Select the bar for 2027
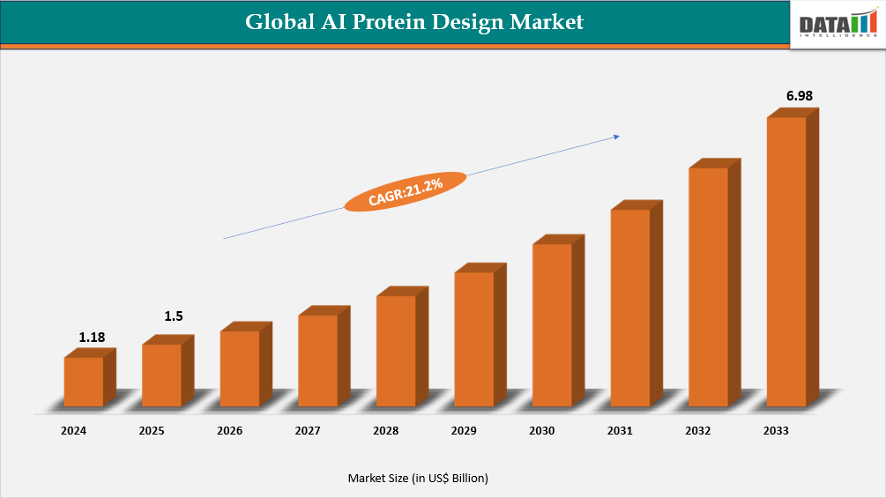[x=317, y=360]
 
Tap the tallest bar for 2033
[x=786, y=261]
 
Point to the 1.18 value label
[x=92, y=338]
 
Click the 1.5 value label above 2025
[x=174, y=316]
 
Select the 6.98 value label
[x=799, y=95]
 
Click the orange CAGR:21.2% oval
[x=406, y=192]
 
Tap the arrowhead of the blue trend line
[x=616, y=136]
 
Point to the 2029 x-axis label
[x=464, y=431]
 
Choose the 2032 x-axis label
[x=698, y=431]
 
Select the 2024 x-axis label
[x=73, y=431]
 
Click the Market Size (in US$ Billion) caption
[x=418, y=478]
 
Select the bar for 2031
[x=630, y=308]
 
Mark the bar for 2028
[x=396, y=351]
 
